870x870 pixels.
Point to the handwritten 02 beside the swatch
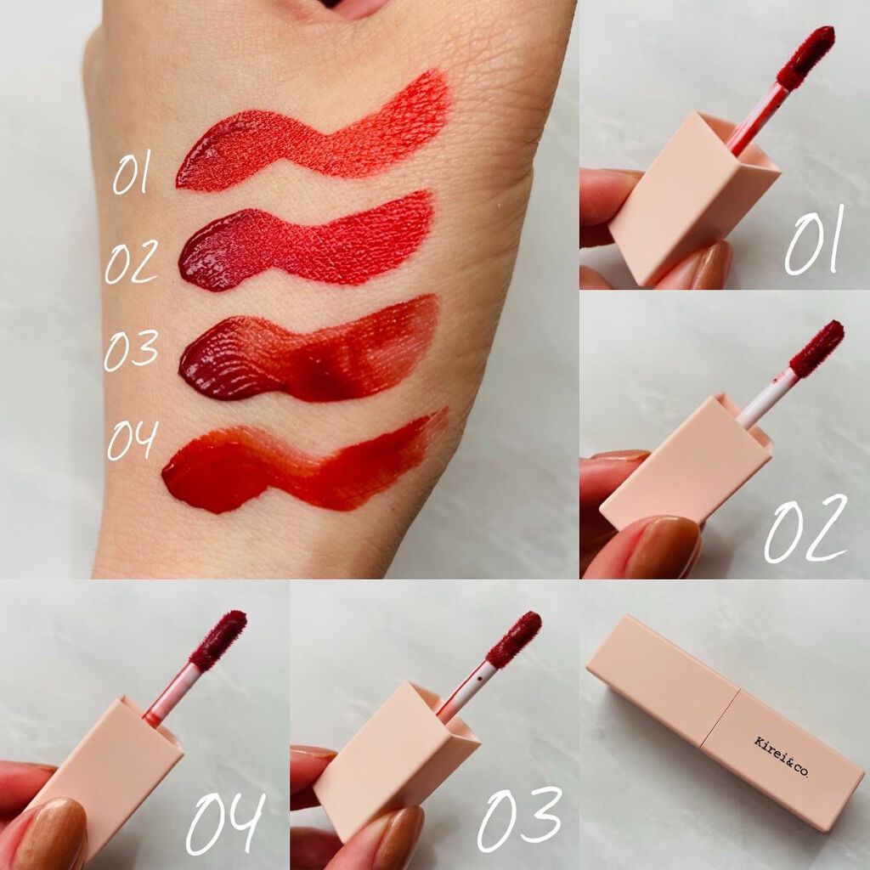(132, 262)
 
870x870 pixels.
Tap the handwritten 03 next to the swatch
(132, 351)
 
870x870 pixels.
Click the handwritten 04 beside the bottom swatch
(133, 439)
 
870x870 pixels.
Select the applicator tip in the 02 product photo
(816, 348)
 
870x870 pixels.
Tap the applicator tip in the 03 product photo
(514, 639)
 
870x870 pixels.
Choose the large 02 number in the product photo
(805, 528)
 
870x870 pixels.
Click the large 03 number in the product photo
(519, 819)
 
